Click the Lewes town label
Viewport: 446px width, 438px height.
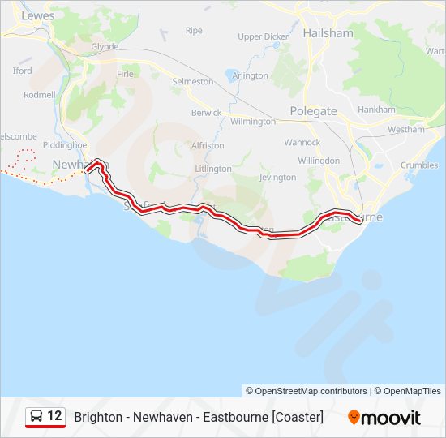(38, 15)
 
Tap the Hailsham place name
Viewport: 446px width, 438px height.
(328, 33)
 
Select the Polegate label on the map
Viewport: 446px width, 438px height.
(313, 110)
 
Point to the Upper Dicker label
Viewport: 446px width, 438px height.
(263, 36)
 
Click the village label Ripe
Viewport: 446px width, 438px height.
(194, 30)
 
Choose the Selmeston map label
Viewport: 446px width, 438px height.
(193, 82)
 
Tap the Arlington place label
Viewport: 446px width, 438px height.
(250, 75)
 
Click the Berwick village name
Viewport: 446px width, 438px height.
(206, 113)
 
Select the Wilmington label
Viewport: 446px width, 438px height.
(253, 121)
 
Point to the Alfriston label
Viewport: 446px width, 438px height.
(208, 145)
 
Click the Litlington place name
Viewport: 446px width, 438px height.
(213, 169)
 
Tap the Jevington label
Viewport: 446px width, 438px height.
(277, 177)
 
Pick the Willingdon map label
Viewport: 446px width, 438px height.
(319, 161)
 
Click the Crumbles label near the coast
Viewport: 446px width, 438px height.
(418, 165)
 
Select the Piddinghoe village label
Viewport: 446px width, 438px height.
(64, 144)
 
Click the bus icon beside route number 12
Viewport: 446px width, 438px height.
(36, 416)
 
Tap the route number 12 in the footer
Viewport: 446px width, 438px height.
(54, 416)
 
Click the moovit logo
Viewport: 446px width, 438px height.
(384, 418)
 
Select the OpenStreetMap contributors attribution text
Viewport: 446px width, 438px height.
(307, 391)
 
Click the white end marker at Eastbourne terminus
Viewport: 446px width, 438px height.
(358, 217)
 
